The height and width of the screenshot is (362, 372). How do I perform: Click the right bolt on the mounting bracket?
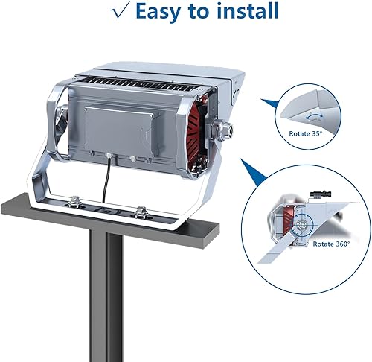(140, 212)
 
